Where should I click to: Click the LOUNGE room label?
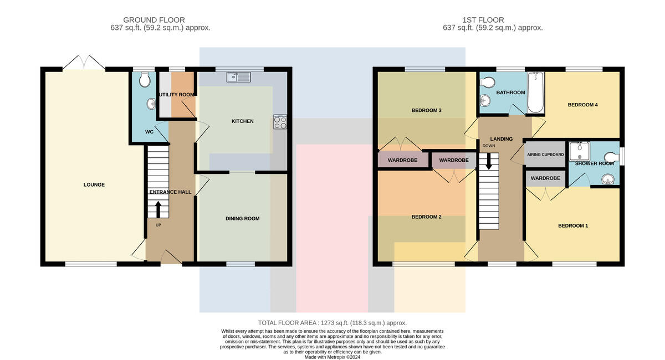tap(94, 184)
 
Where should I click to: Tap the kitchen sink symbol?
tap(238, 77)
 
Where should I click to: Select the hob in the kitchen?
tap(280, 122)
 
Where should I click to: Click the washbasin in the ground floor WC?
tap(151, 104)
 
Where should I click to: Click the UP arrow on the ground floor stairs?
tap(158, 209)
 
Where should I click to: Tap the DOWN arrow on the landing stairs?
tap(488, 162)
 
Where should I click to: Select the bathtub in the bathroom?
tap(535, 92)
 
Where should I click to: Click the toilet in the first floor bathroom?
tap(488, 82)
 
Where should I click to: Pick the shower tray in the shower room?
tap(579, 151)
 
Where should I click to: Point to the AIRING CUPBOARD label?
tap(545, 155)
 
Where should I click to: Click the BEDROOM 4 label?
tap(583, 105)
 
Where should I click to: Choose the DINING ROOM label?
tap(243, 219)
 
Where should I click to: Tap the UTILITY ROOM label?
tap(177, 95)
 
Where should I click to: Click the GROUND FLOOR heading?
tap(154, 20)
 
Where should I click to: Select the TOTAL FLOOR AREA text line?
tap(332, 323)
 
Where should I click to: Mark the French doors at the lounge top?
tap(84, 63)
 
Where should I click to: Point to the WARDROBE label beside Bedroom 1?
tap(546, 178)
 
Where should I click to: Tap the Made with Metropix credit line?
tap(332, 357)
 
